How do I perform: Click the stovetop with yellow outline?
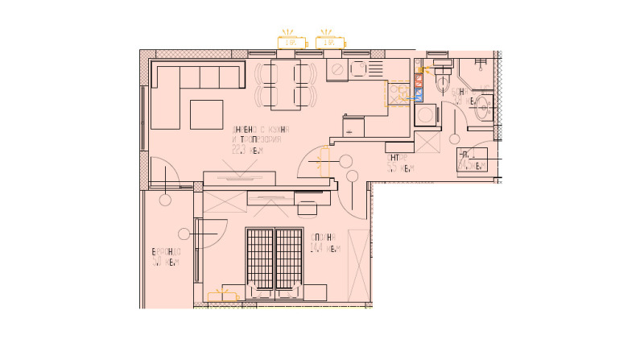click(x=398, y=94)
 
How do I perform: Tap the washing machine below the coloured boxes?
click(x=426, y=113)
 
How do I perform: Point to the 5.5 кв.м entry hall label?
click(x=399, y=163)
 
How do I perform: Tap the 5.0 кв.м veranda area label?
click(x=165, y=258)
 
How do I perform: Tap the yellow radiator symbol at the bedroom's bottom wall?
click(x=223, y=297)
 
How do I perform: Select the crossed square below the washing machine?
click(x=427, y=143)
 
